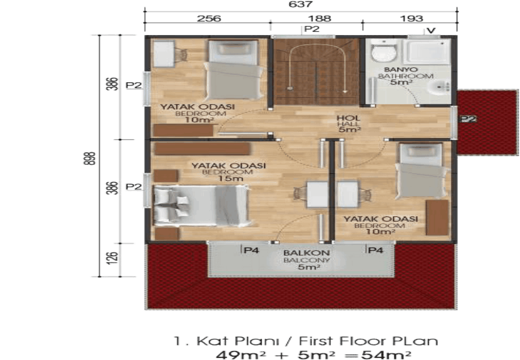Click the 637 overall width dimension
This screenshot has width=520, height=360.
(x=301, y=4)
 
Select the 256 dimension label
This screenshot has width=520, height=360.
(x=209, y=19)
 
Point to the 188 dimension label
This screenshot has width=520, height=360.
(x=319, y=19)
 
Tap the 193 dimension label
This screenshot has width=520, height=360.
(x=411, y=19)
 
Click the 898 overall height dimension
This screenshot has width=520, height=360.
(x=89, y=159)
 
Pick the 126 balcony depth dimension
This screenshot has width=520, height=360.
(x=112, y=258)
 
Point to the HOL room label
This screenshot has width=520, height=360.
(x=345, y=118)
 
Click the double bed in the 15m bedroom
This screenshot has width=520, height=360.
(x=201, y=205)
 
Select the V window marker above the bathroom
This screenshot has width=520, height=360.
(x=431, y=31)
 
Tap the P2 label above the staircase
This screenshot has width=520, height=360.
(x=312, y=29)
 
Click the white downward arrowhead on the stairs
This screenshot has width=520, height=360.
(x=345, y=91)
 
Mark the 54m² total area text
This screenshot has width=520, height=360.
(x=387, y=354)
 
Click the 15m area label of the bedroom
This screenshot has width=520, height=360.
(x=231, y=178)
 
